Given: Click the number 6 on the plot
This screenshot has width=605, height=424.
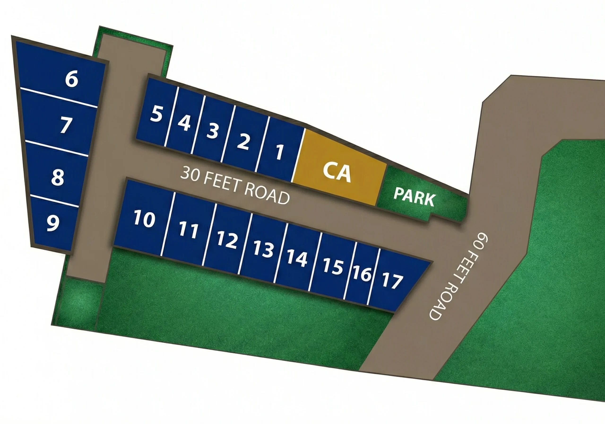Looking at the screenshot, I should [x=72, y=79].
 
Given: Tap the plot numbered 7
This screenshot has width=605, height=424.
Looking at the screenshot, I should [x=66, y=125].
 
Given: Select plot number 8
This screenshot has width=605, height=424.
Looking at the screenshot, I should [x=58, y=177].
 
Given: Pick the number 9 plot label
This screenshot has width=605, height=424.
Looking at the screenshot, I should [x=53, y=223].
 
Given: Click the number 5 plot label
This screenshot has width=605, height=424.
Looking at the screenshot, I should [x=156, y=114].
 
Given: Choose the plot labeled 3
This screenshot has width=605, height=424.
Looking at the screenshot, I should [x=212, y=131].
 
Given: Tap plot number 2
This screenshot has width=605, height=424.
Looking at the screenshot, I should [x=243, y=141].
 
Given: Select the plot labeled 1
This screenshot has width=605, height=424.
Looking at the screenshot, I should [x=279, y=152].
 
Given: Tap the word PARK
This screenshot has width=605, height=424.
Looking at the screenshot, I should [x=414, y=197].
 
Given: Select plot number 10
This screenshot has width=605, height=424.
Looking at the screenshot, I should [x=144, y=218].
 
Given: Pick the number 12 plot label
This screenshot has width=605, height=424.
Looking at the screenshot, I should [x=227, y=240].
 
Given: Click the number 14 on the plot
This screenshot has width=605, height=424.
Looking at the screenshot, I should [x=297, y=258].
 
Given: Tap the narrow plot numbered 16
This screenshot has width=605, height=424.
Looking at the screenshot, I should [x=362, y=274].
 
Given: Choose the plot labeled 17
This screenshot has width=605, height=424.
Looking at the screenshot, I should [x=392, y=281].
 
